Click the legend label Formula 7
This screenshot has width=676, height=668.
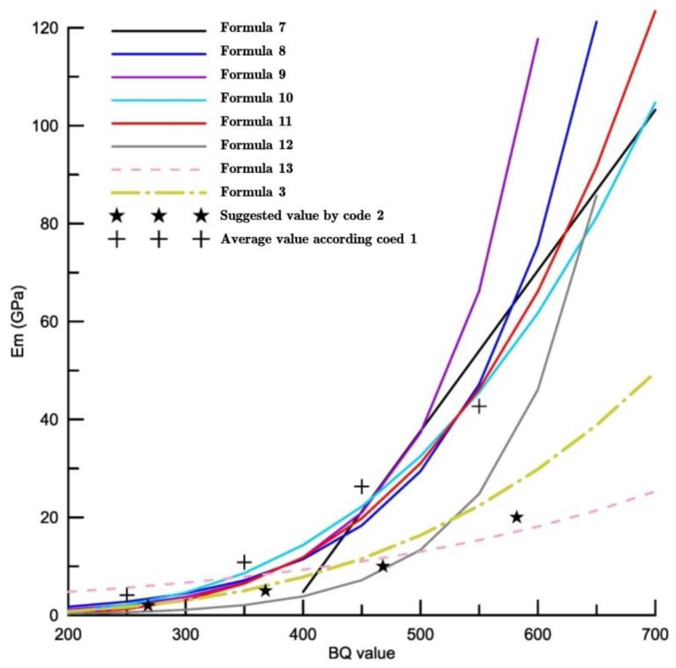[253, 28]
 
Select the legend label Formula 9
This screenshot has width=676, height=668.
[253, 74]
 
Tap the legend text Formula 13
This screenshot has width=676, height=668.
[256, 168]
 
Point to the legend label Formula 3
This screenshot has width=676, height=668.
[253, 192]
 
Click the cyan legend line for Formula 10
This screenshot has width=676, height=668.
[159, 100]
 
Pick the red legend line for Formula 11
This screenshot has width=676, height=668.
[159, 123]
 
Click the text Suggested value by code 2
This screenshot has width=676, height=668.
[302, 215]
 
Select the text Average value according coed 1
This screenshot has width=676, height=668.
[318, 239]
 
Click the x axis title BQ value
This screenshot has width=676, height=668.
[361, 653]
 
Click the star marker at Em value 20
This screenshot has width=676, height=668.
[517, 517]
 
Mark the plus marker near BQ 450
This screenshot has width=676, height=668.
[362, 486]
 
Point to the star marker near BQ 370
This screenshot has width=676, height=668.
[266, 591]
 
